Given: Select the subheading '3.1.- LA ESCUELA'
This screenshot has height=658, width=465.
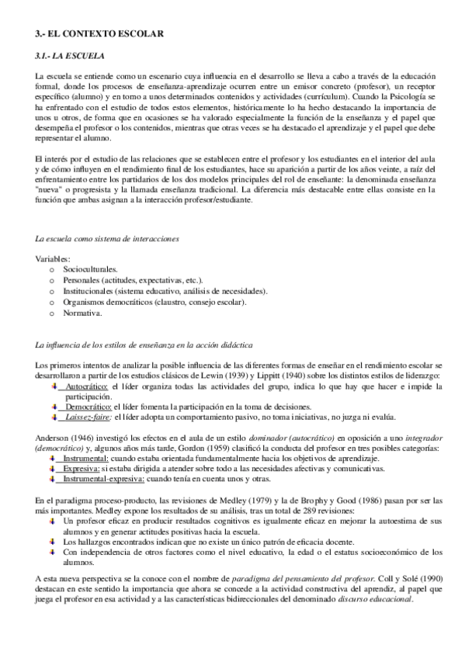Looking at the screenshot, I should (x=68, y=56).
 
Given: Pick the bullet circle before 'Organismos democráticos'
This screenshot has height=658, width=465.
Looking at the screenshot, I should (x=52, y=302).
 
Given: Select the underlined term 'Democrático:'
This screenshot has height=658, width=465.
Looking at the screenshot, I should (x=88, y=406).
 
